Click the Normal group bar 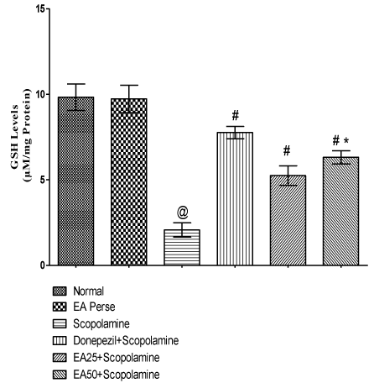75,181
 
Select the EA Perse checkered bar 129,181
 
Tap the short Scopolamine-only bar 182,247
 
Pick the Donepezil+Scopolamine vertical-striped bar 235,198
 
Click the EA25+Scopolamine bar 288,220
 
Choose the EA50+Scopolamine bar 341,211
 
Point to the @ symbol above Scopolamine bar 182,212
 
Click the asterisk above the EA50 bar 347,140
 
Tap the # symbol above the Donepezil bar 236,115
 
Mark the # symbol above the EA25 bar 287,150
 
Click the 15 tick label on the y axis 40,9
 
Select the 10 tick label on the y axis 40,94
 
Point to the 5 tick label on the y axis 43,180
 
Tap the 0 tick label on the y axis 43,265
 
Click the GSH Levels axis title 15,136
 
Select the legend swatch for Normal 60,291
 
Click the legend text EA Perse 94,307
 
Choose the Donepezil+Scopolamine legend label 126,341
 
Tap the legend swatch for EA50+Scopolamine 60,375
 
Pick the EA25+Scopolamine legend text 117,358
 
